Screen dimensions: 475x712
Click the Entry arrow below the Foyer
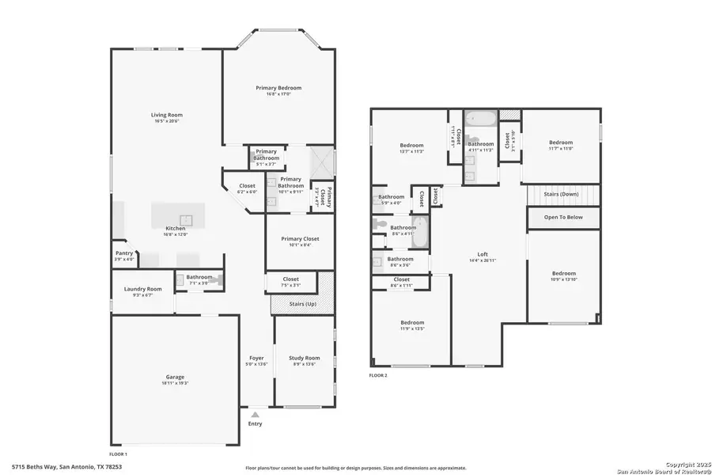coord(255,414)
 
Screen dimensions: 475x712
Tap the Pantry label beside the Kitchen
coord(124,255)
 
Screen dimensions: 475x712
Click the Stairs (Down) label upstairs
coord(563,195)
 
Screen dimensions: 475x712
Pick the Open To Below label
coord(562,217)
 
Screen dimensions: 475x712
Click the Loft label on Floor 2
coord(483,255)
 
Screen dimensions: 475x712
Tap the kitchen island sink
coord(187,219)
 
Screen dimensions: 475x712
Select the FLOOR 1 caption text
coord(118,454)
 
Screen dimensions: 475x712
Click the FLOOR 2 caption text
coord(378,374)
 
